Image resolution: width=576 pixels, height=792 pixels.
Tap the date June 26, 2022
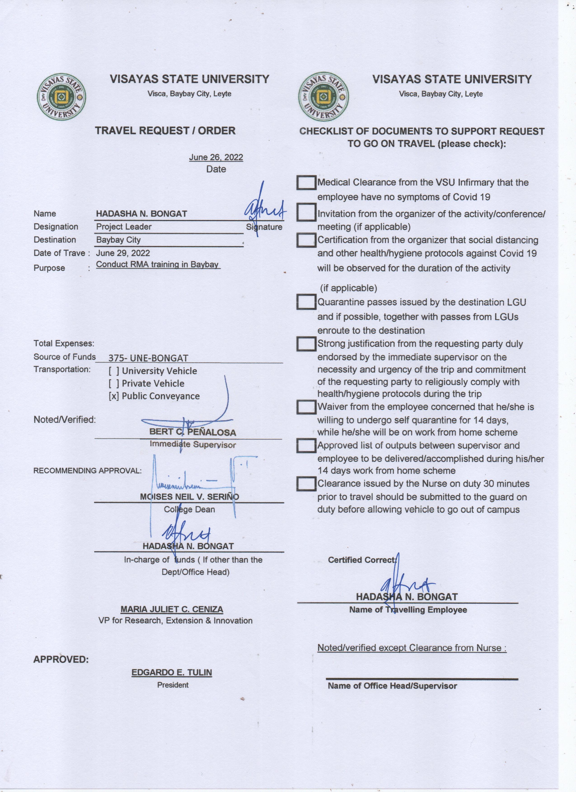(216, 157)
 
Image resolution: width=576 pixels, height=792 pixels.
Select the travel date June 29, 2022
(123, 253)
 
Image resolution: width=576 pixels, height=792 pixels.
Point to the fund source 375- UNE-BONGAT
(148, 358)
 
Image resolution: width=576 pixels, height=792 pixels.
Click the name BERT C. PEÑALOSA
(193, 432)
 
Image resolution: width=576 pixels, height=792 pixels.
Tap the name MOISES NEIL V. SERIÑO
(190, 497)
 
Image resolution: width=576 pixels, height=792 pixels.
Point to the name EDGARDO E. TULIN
(172, 673)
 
